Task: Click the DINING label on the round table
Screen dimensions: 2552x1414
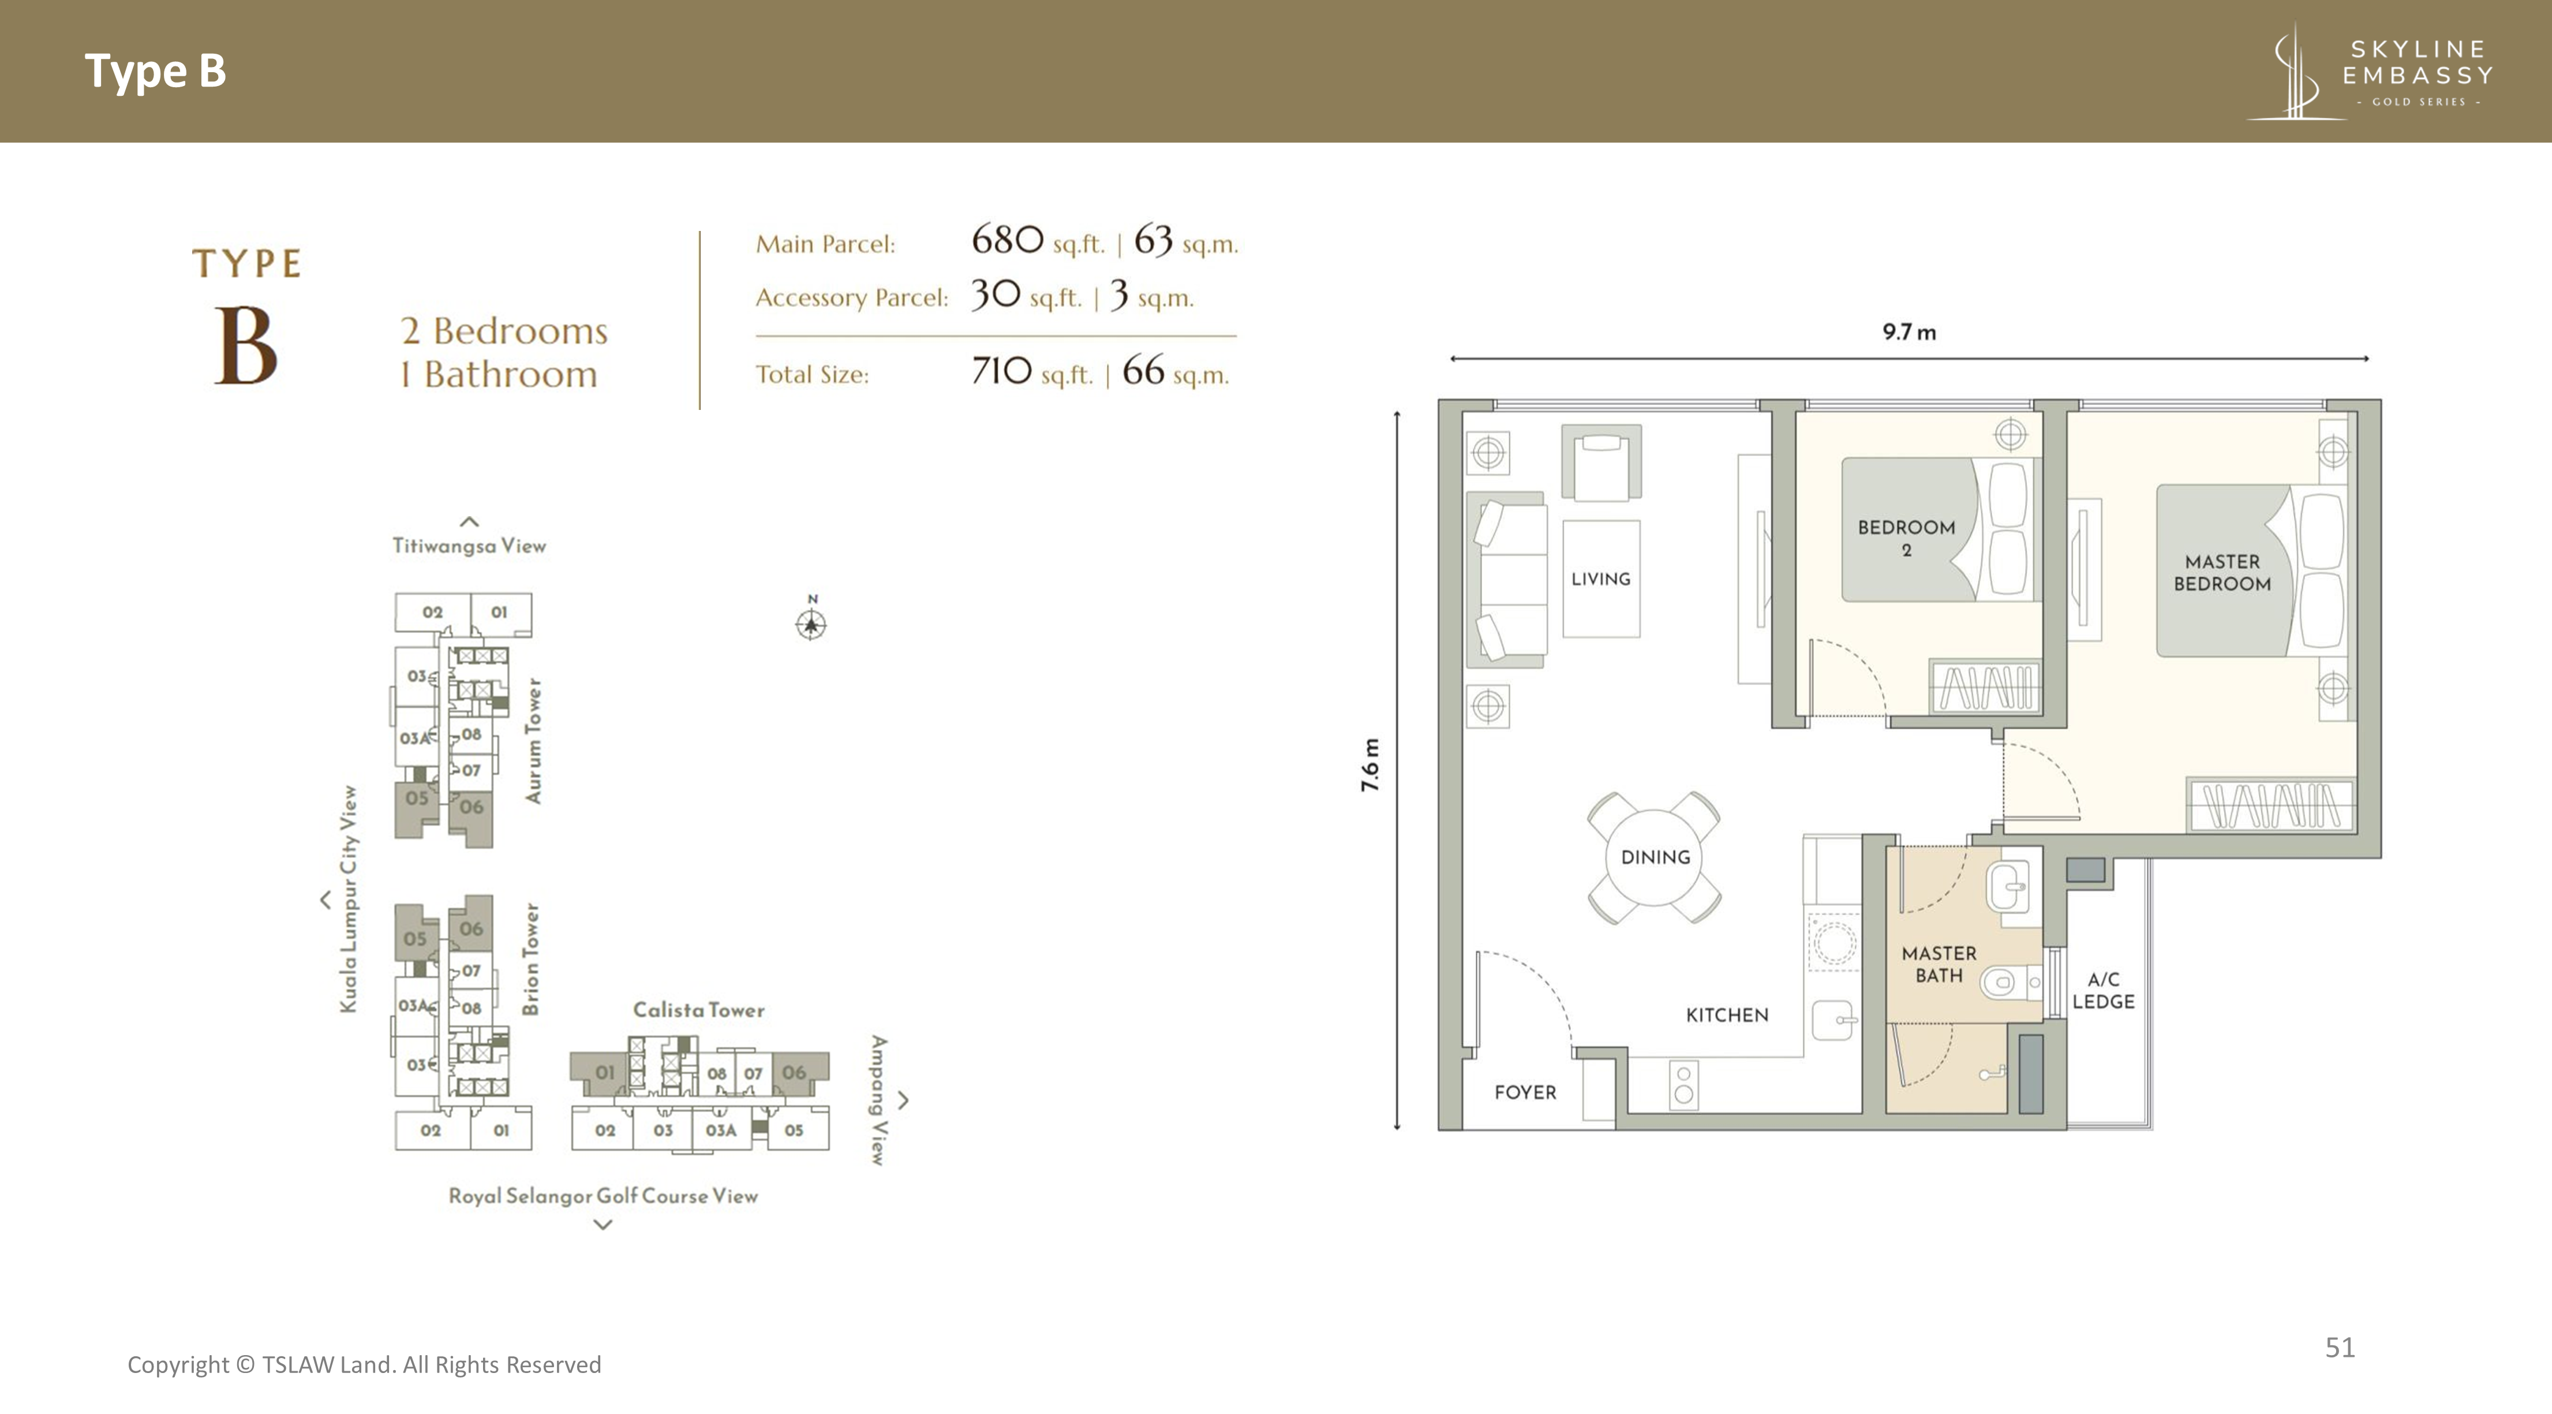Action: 1655,857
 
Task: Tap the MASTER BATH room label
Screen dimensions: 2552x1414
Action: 1939,964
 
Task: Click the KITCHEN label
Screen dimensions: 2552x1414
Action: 1727,1014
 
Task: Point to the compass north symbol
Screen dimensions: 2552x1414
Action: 811,620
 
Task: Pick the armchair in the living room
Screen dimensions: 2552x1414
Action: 1601,462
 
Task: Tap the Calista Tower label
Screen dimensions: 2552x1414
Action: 698,1010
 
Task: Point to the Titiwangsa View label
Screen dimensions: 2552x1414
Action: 469,545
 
